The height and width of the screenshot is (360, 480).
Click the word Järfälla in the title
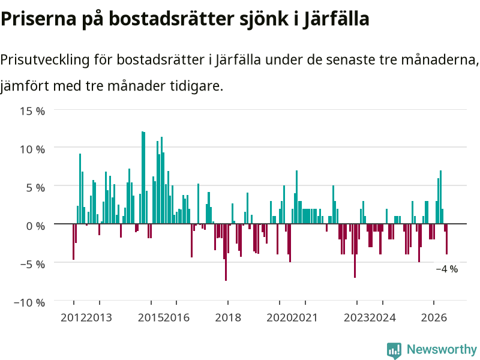336,19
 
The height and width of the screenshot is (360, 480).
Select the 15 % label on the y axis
33,111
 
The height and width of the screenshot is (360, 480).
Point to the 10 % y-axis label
33,149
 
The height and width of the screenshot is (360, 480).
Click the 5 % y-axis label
36,188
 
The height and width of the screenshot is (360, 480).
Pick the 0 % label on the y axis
36,226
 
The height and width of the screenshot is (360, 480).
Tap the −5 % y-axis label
33,264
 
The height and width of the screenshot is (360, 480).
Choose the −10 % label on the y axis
29,302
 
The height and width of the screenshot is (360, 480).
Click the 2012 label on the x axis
73,317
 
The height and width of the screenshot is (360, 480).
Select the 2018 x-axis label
228,317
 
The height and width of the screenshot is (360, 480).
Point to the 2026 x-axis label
434,317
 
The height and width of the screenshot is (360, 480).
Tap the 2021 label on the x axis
305,317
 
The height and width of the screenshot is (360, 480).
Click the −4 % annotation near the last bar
447,269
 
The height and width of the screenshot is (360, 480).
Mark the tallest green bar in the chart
143,178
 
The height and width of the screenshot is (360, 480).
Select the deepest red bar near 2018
226,252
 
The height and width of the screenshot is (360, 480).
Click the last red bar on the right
446,239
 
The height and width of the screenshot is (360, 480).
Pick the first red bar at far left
73,242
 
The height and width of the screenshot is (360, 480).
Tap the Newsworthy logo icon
394,350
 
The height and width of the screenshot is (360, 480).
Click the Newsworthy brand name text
442,349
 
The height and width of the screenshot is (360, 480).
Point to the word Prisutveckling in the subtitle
44,59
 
